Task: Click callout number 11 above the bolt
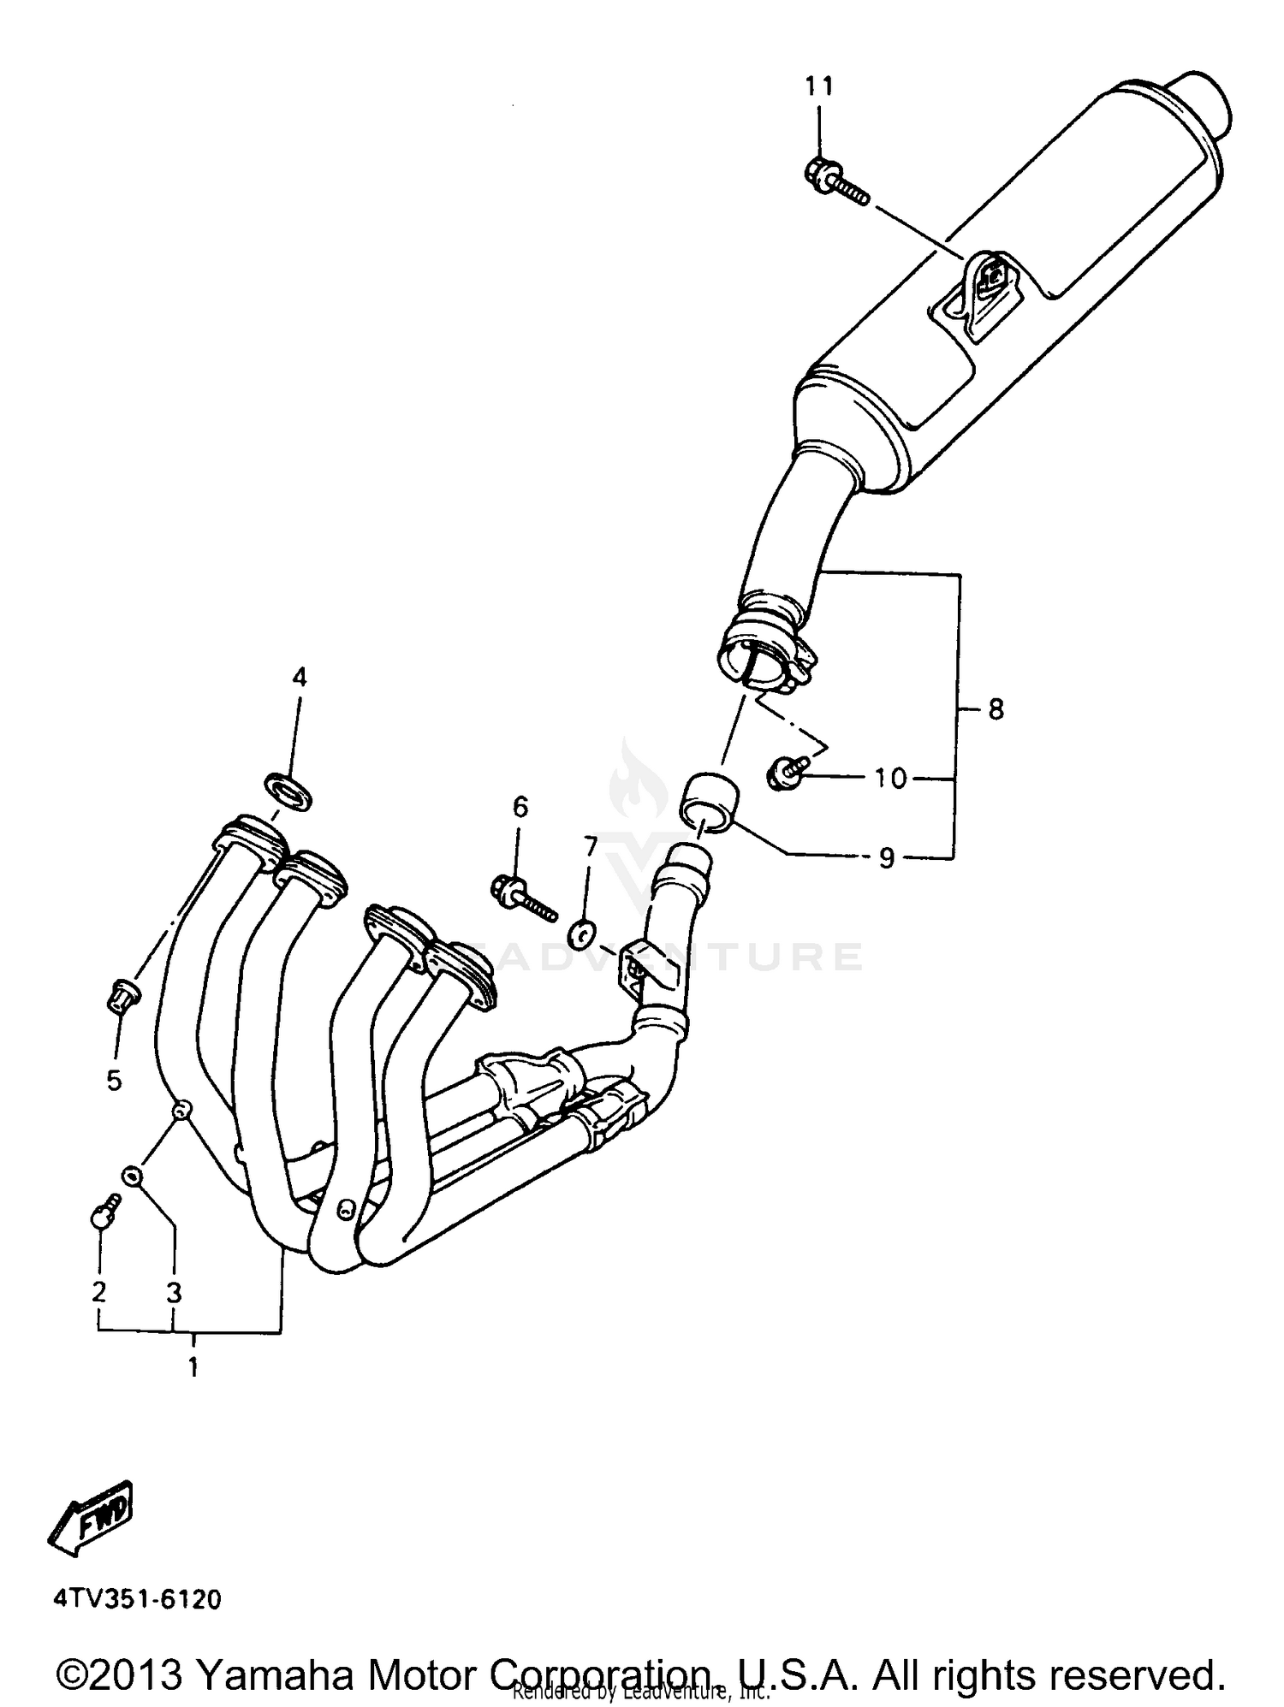818,86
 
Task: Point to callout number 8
996,709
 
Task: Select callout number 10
890,778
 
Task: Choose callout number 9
886,857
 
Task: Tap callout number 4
299,679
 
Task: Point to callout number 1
193,1366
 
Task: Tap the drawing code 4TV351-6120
137,1598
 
